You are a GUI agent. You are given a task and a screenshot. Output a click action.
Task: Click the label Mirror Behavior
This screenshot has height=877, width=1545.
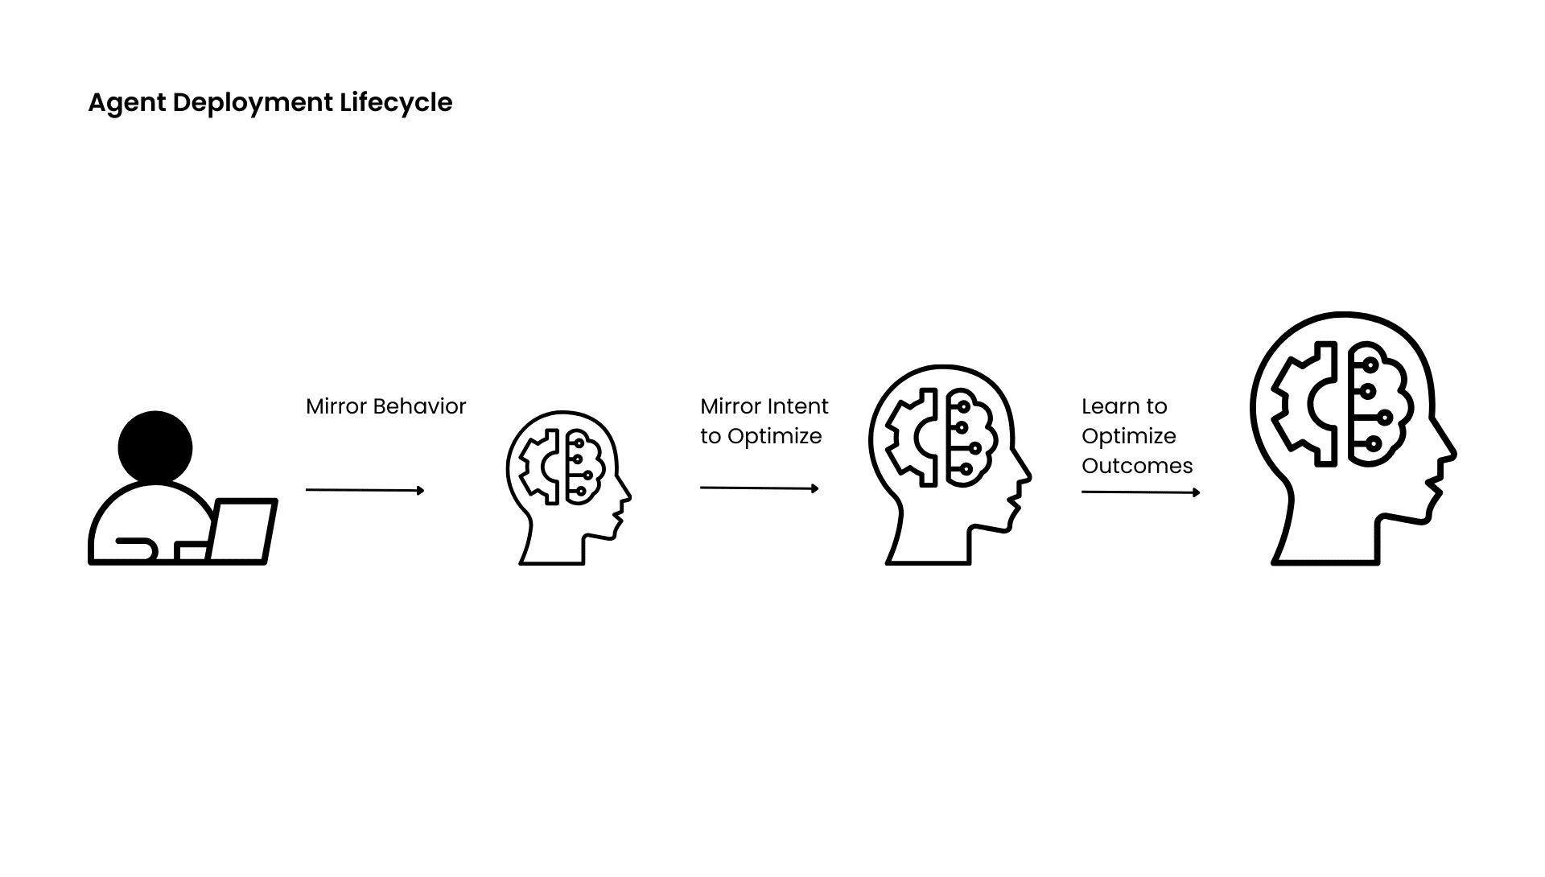[385, 406]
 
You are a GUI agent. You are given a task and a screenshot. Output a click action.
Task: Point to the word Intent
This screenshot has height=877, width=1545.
[799, 406]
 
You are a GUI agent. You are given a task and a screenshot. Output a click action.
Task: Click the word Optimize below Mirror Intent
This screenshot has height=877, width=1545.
[774, 436]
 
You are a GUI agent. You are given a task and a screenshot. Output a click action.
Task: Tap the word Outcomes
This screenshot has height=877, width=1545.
[1137, 466]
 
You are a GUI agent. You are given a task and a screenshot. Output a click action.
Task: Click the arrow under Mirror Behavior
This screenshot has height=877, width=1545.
[365, 490]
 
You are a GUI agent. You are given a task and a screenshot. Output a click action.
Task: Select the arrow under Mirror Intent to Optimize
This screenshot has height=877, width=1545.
[759, 488]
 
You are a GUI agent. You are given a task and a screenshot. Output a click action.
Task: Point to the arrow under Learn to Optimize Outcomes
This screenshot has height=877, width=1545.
[1140, 492]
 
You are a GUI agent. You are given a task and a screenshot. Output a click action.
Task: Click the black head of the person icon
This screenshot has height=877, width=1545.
[155, 447]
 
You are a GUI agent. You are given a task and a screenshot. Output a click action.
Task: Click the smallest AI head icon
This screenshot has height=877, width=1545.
[567, 488]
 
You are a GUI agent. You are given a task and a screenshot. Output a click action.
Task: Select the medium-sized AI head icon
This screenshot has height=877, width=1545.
[948, 464]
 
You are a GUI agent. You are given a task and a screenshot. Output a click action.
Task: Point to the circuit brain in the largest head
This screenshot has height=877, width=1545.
[1377, 404]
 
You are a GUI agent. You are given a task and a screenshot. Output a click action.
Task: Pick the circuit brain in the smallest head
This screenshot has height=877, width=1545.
[584, 467]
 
